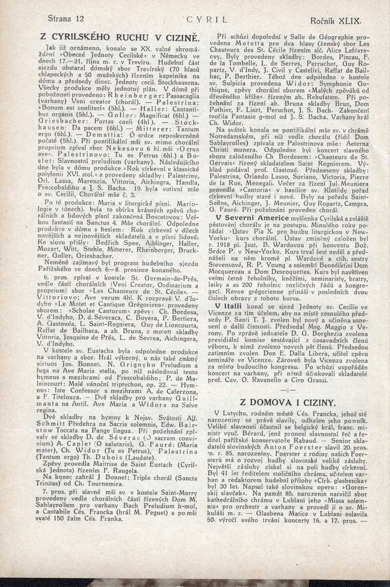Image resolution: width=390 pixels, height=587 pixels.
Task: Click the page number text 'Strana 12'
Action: tap(66, 19)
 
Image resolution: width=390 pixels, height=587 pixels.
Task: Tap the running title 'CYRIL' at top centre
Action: tap(208, 20)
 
